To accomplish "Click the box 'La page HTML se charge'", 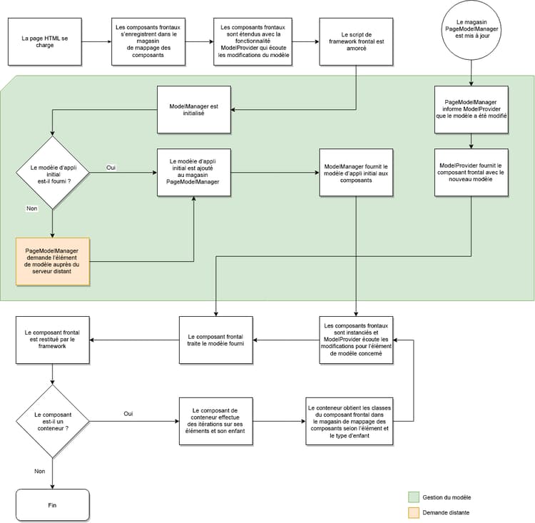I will click(x=44, y=41).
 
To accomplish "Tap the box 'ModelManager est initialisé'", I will click(x=193, y=110).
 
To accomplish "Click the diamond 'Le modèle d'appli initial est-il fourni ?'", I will click(x=52, y=173).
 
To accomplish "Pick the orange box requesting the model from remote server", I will click(x=52, y=261).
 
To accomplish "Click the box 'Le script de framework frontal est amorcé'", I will click(x=355, y=41).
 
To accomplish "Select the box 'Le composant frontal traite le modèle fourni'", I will click(x=215, y=339).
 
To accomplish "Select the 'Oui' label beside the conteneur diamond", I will click(x=128, y=413).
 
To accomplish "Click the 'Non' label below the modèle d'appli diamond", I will click(x=31, y=210).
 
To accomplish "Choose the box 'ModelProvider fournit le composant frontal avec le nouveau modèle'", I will click(x=471, y=172).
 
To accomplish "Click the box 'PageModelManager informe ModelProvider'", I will click(x=471, y=110).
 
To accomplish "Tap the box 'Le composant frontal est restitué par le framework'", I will click(x=52, y=339).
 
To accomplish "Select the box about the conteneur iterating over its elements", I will click(x=215, y=421).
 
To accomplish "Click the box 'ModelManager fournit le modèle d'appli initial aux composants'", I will click(x=355, y=172).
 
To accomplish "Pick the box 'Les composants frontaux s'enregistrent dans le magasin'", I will click(x=148, y=41).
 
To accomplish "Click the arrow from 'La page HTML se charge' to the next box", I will click(x=96, y=41).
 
